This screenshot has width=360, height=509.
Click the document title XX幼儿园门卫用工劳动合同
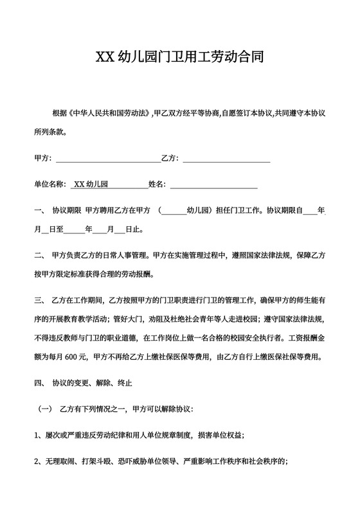click(179, 57)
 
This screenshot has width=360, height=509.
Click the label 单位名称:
click(50, 184)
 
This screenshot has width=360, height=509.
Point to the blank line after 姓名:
click(213, 184)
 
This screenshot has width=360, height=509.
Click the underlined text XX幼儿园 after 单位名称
click(91, 184)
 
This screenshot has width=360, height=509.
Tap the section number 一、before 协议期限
click(39, 210)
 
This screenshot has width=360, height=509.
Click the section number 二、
click(39, 254)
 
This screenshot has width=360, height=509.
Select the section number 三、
click(39, 299)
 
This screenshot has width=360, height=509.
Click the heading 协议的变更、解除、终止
click(93, 383)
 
